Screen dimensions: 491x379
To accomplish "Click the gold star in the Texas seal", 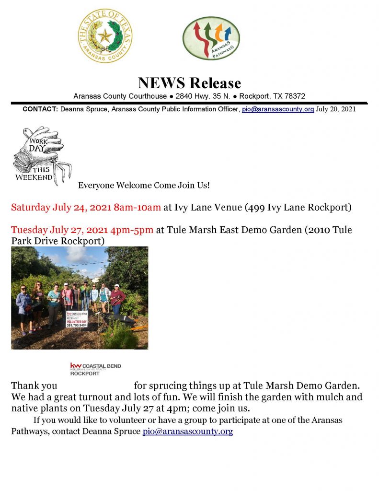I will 105,36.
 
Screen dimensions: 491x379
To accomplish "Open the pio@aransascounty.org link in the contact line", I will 278,109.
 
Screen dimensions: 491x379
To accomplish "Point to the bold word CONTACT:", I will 40,109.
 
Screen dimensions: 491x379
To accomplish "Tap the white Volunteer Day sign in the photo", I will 77,319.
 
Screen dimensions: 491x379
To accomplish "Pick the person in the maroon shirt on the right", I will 117,300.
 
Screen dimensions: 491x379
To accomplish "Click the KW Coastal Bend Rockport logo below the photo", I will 95,369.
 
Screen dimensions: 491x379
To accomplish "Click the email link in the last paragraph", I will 188,432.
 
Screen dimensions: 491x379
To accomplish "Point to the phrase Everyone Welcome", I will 115,185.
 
